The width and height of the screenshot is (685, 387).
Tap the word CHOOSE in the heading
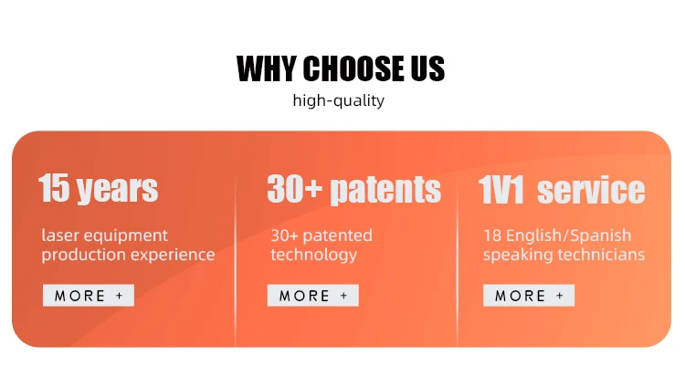353,68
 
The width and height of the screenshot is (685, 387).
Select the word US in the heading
427,68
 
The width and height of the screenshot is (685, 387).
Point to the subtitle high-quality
339,100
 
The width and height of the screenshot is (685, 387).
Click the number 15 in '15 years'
54,188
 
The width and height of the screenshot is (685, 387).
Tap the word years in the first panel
118,190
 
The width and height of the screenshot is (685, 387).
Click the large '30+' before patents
294,189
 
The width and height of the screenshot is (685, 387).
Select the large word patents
385,191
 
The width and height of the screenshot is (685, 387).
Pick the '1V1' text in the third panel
501,190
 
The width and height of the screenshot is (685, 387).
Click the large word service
591,191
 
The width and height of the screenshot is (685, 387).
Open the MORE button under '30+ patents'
312,296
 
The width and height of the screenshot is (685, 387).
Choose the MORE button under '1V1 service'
529,296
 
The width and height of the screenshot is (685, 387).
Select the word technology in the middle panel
313,255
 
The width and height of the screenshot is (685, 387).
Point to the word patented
337,235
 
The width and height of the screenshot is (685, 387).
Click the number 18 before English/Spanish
492,235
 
